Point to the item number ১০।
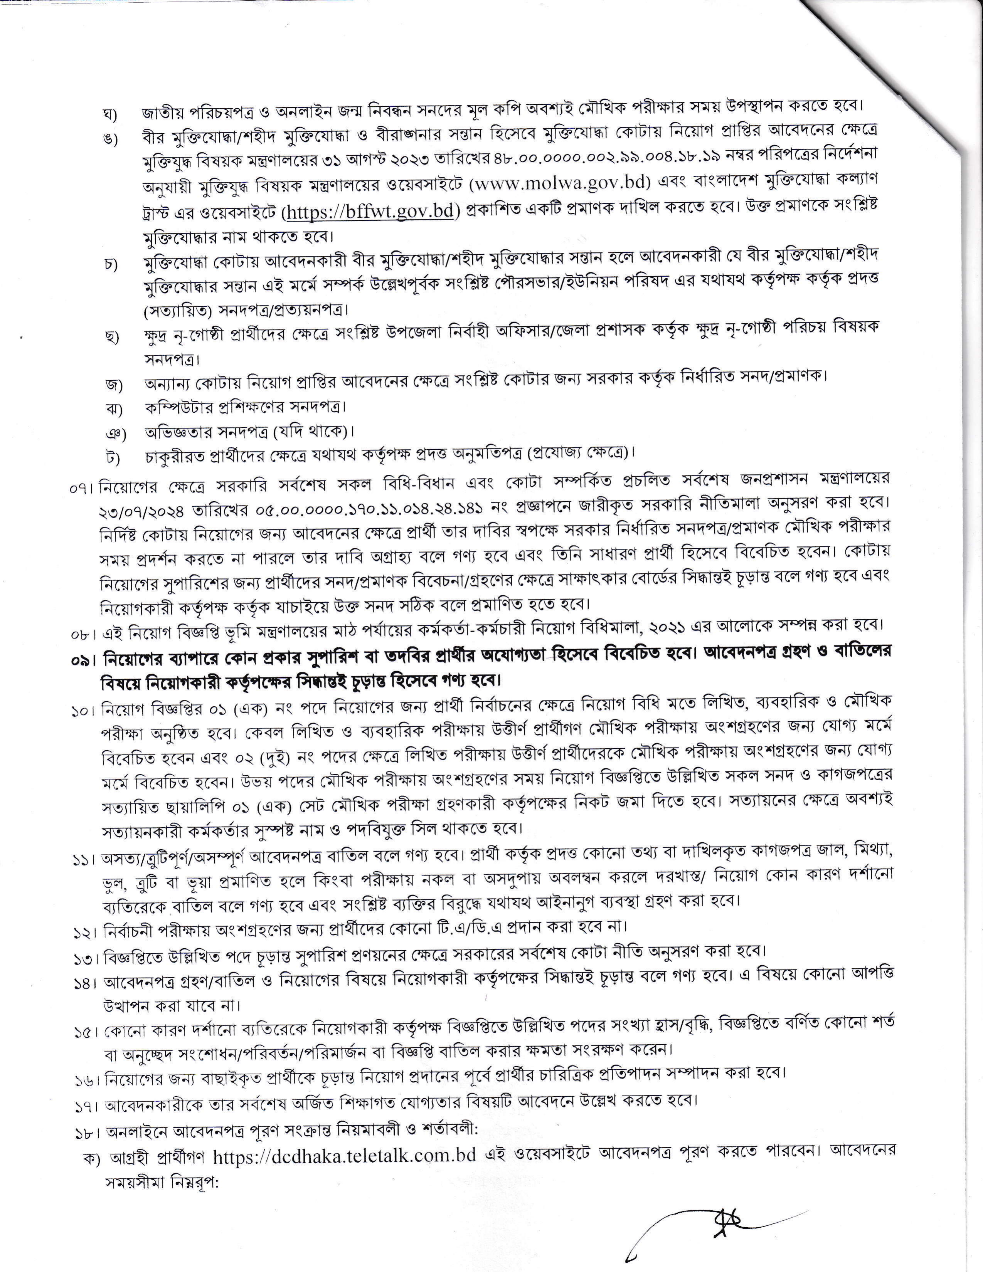(84, 711)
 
